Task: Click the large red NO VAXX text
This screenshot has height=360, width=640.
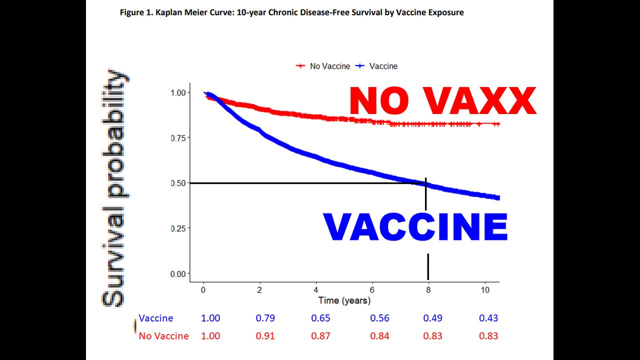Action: click(442, 101)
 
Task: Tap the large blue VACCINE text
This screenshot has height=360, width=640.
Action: click(415, 227)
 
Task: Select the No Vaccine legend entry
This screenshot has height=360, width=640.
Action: click(323, 66)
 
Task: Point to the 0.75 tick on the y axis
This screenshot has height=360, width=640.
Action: click(178, 138)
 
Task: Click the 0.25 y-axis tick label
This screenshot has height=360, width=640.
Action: click(178, 228)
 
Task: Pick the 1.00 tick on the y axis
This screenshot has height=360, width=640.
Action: click(178, 92)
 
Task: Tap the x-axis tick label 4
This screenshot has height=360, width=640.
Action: click(316, 290)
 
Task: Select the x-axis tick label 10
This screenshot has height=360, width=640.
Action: click(485, 290)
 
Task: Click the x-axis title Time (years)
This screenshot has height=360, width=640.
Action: click(344, 300)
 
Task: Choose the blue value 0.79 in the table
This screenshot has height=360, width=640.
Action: click(265, 318)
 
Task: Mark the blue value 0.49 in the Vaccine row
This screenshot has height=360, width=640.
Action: click(432, 318)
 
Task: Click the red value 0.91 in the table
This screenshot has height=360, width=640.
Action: click(265, 336)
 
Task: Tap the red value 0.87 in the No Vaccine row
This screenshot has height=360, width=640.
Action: click(320, 336)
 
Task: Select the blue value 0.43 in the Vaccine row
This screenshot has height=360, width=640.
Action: click(488, 318)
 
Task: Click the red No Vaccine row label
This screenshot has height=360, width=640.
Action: click(163, 336)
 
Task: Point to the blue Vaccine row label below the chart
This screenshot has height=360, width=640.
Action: click(156, 318)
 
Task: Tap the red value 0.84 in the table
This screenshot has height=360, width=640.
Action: click(379, 336)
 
